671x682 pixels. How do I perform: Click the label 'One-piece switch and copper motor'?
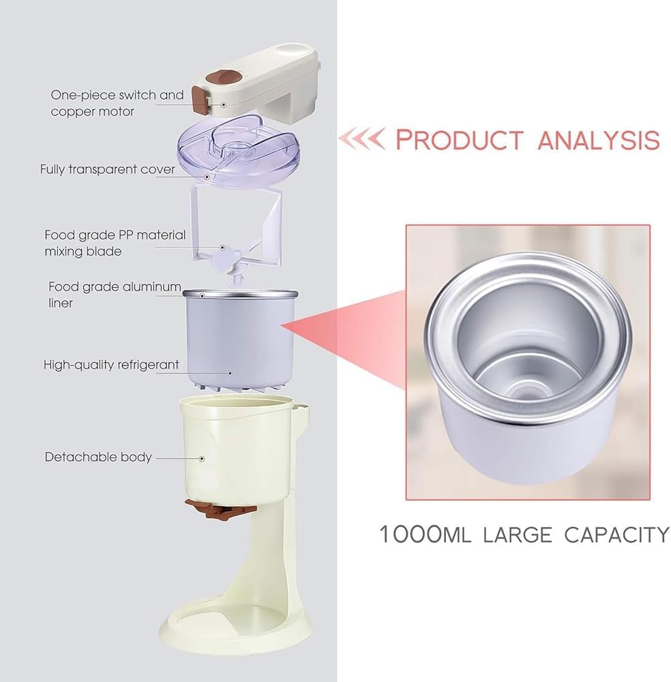tap(117, 102)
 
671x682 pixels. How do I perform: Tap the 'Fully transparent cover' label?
tap(107, 169)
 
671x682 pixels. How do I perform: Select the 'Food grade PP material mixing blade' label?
tap(115, 243)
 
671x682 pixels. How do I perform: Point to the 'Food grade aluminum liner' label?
tap(115, 294)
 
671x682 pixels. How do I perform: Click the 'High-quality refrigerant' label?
tap(111, 365)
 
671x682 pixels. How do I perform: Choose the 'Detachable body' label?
tap(98, 457)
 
